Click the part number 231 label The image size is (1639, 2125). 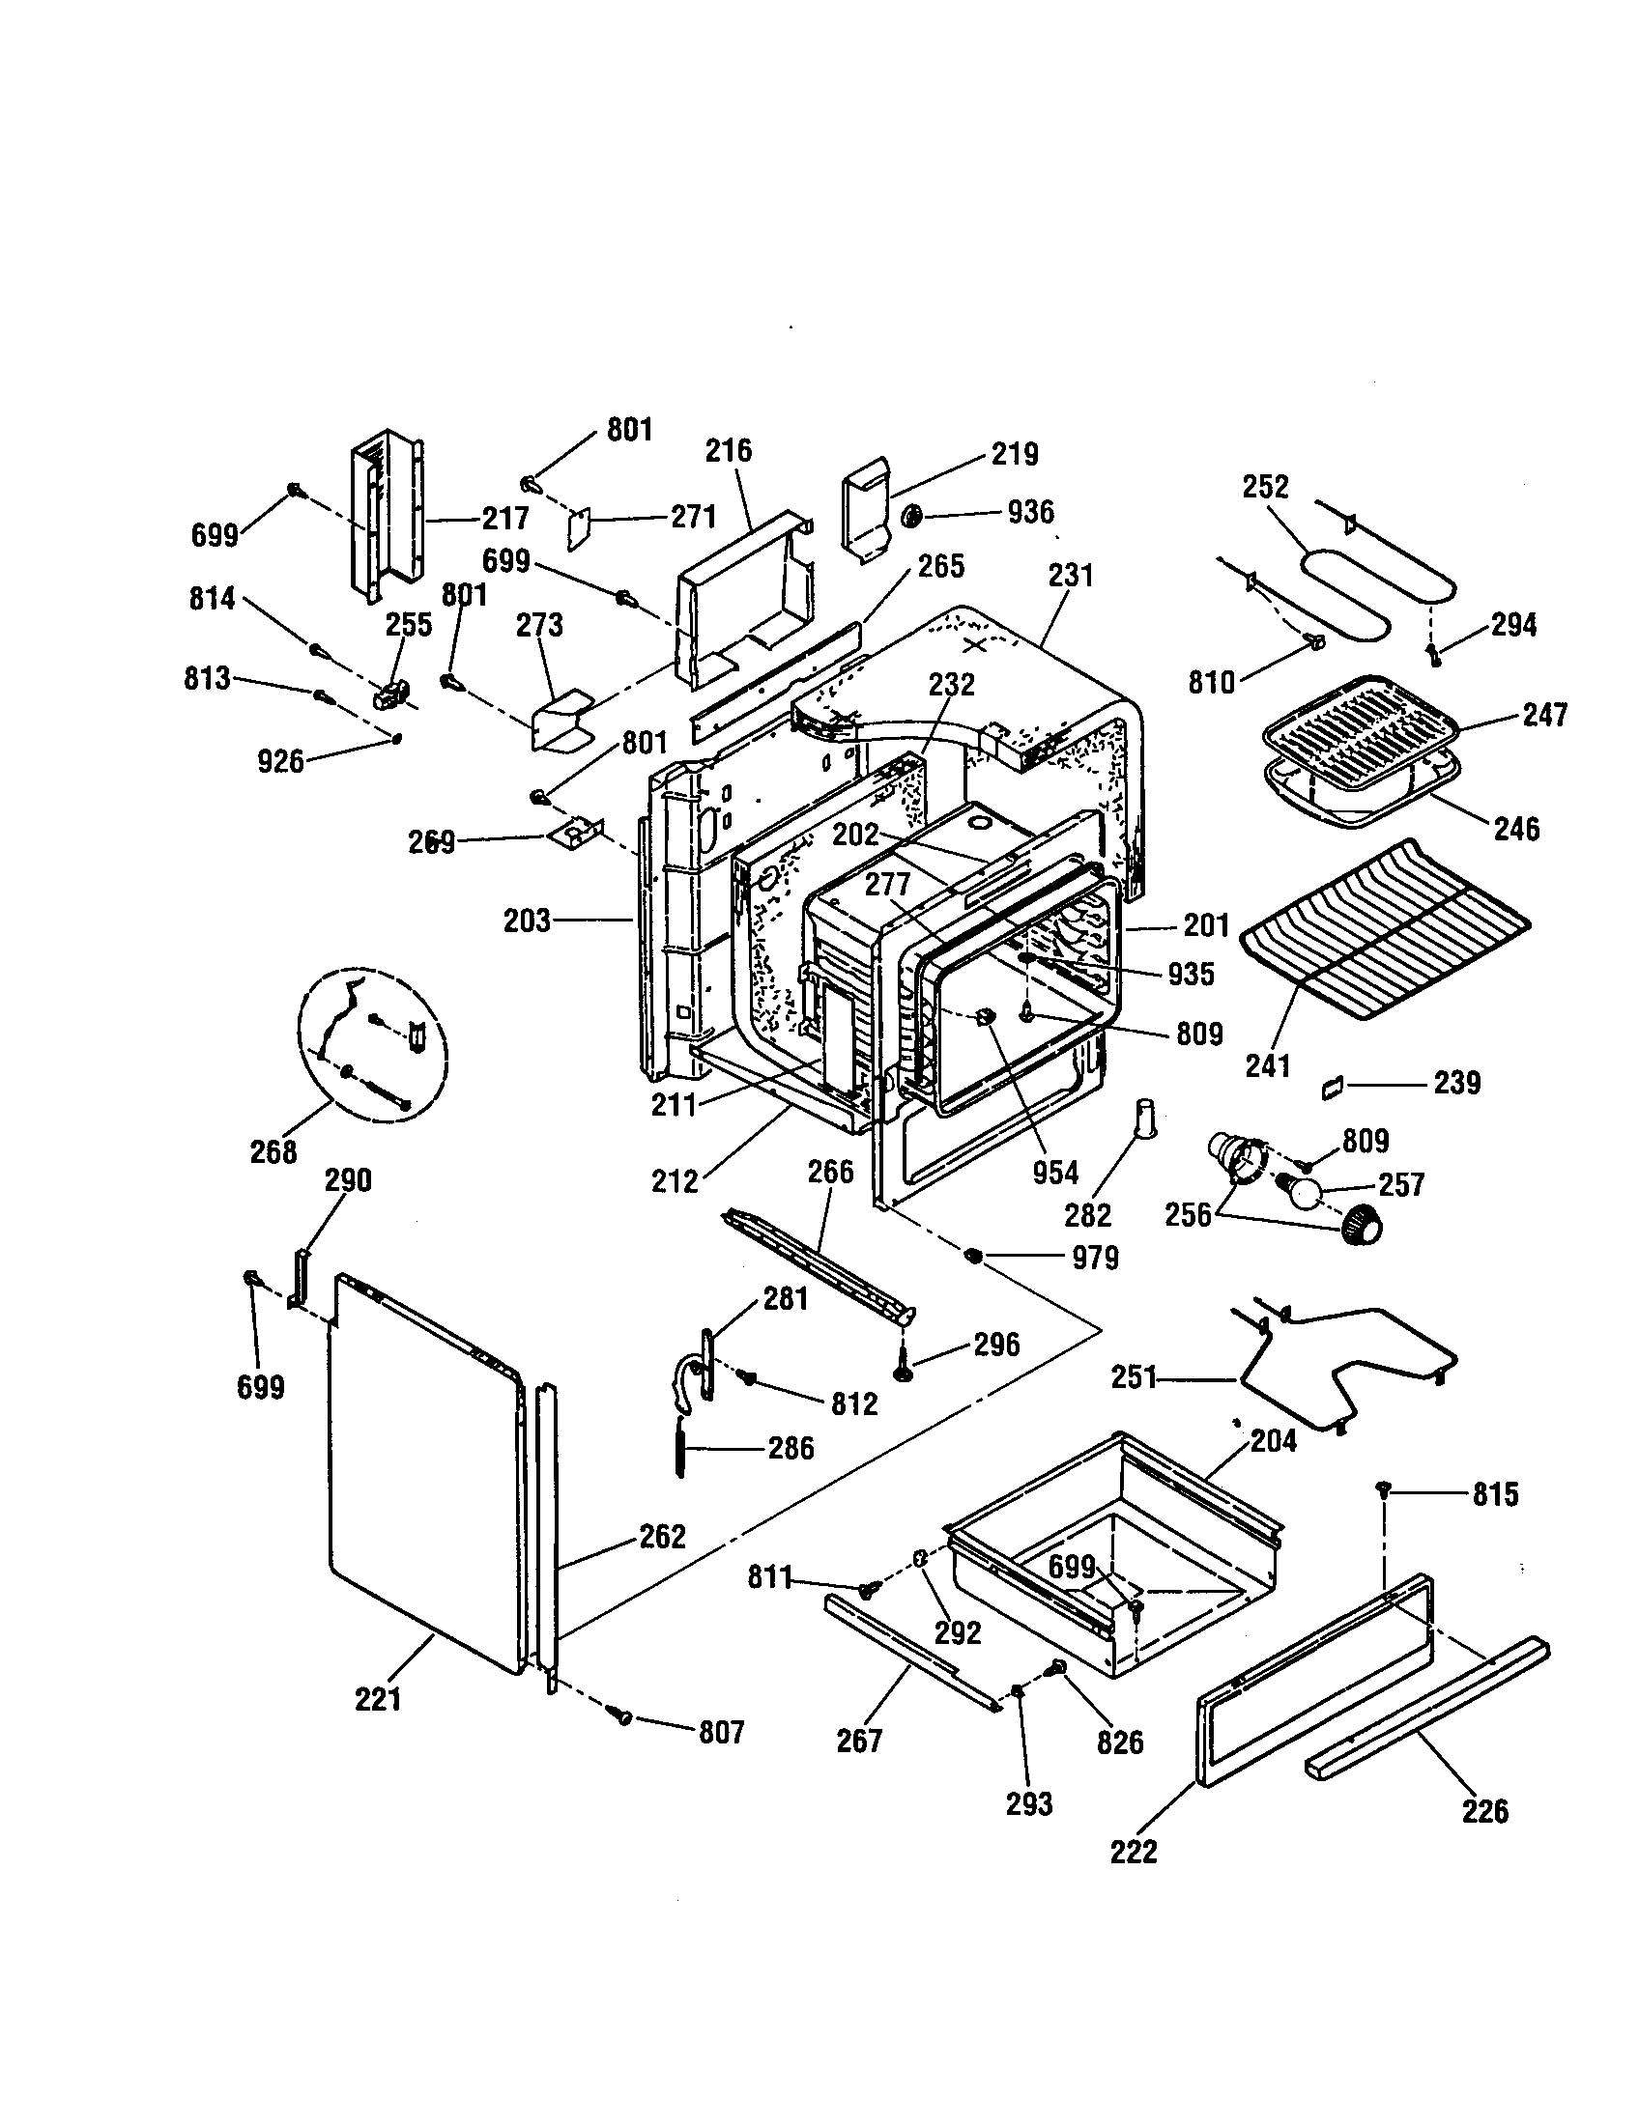click(1071, 575)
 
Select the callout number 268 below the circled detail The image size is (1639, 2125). click(273, 1151)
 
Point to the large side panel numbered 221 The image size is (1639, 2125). click(423, 1479)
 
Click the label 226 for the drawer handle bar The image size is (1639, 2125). click(1484, 1811)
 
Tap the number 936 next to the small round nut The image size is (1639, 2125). click(1030, 512)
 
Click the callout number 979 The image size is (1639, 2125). click(1095, 1258)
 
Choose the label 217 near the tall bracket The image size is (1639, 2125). click(505, 518)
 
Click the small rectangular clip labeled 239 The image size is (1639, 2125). click(1332, 1088)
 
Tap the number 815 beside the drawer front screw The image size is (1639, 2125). click(1495, 1493)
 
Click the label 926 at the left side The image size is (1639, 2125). click(280, 761)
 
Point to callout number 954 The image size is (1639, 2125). click(1055, 1173)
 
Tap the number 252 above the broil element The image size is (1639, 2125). click(1265, 487)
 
